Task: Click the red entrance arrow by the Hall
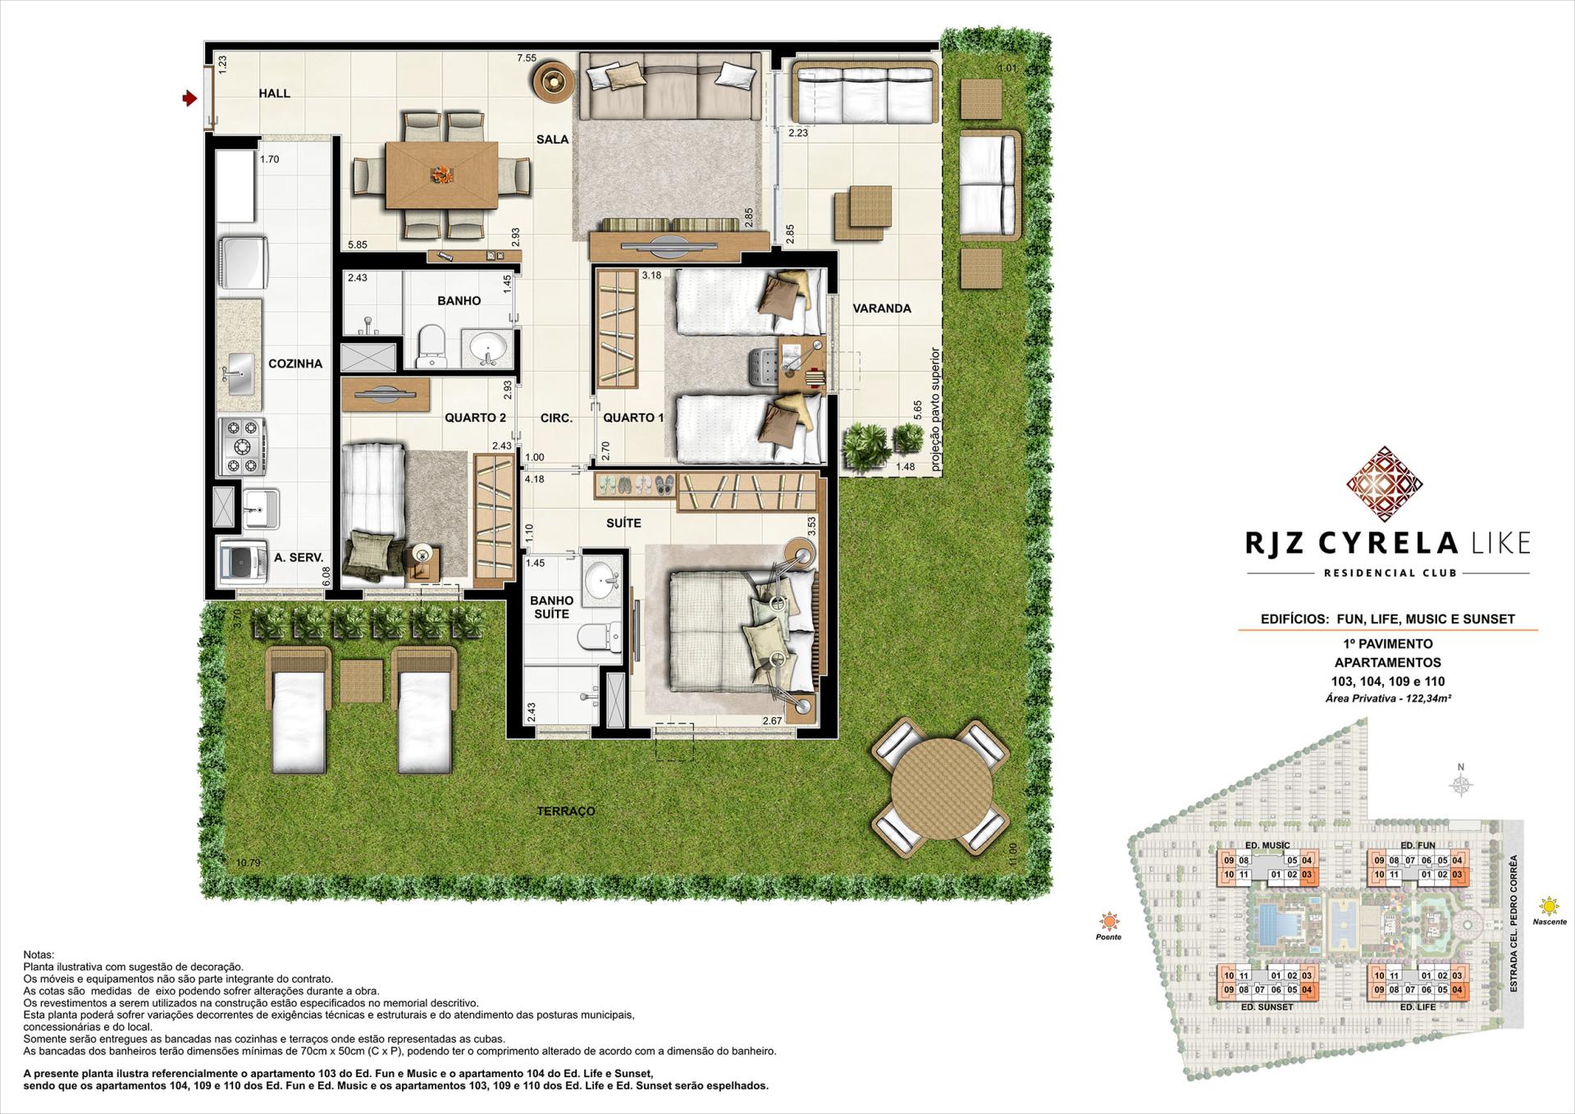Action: (x=189, y=98)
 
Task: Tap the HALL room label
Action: (x=274, y=94)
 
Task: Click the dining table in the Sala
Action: (x=441, y=175)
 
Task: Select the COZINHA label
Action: (x=295, y=363)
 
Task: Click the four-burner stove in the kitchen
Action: (x=243, y=446)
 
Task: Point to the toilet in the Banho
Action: (x=431, y=348)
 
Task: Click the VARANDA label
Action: (x=882, y=308)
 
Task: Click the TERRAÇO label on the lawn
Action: (x=566, y=811)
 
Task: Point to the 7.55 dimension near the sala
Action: (x=526, y=58)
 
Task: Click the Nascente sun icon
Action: (x=1548, y=906)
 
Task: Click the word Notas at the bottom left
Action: (x=38, y=955)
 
